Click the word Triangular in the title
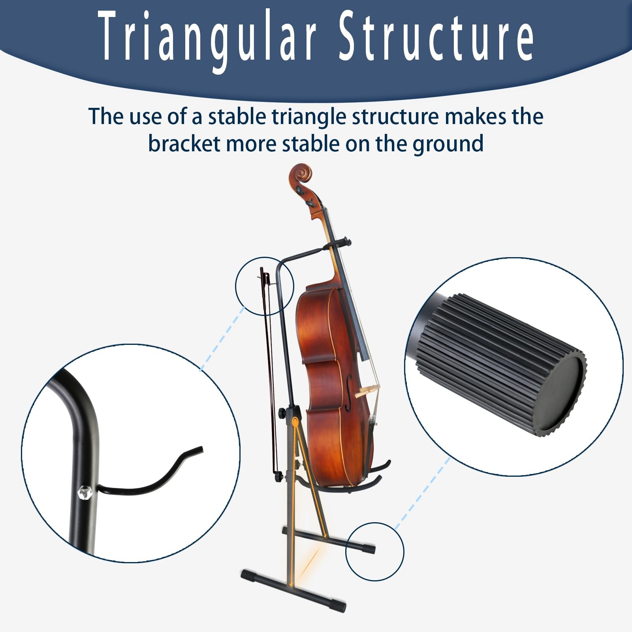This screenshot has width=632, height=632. (208, 37)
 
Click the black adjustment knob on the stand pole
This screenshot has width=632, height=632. (282, 413)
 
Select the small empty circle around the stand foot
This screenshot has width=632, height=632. (375, 551)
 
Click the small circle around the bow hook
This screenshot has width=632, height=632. (265, 286)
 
